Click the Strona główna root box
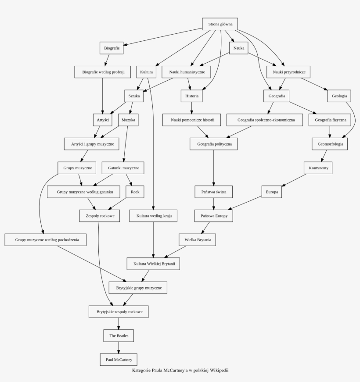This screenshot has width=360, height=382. pos(220,24)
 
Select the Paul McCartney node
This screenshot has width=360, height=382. pos(119,360)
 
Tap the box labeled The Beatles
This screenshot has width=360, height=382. pos(119,336)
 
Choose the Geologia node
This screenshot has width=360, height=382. pos(339,96)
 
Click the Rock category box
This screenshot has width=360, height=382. pos(135,192)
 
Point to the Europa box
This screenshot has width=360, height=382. pos(272,192)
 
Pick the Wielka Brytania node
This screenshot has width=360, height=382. pos(197,240)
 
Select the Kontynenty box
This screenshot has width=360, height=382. pos(318,168)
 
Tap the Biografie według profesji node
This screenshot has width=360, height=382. pos(102,72)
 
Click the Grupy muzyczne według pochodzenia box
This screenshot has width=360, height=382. pos(45,240)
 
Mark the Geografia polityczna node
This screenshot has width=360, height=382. pos(214,144)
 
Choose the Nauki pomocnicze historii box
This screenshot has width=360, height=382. pos(192,120)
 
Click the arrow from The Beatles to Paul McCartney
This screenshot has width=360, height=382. pos(119,348)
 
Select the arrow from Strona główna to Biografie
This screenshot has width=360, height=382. pos(163,37)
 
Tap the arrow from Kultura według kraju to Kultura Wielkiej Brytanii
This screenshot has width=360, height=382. pos(153,240)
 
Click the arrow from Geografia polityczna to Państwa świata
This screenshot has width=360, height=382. pos(214,168)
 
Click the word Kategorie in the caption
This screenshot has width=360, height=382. pos(141,371)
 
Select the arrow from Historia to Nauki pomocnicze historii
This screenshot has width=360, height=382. pos(192,108)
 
